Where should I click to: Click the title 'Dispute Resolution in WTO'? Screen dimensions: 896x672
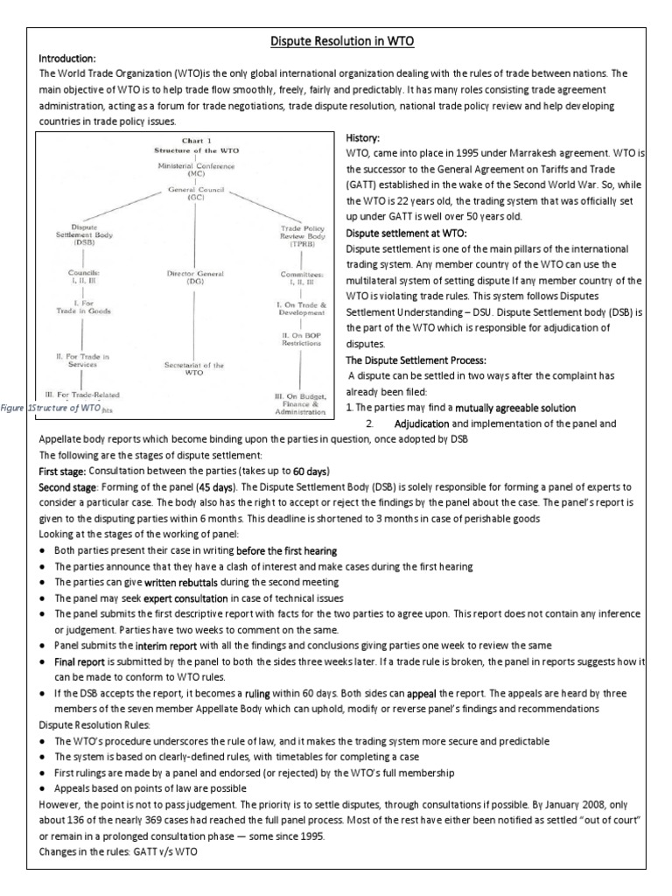point(336,40)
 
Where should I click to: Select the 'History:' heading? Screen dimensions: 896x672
point(364,138)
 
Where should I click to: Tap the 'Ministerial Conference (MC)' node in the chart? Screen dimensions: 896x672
point(184,171)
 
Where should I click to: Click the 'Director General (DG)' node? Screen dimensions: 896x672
point(184,278)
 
